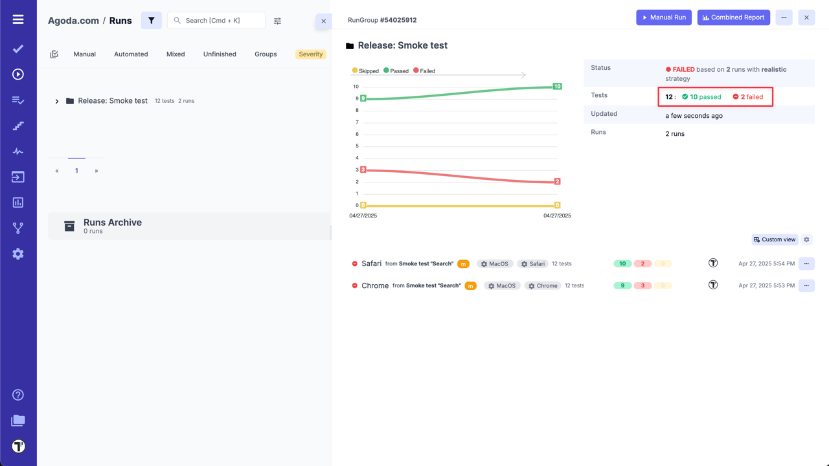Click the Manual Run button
click(x=664, y=17)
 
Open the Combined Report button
click(x=733, y=17)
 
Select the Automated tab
click(x=131, y=54)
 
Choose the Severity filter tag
click(x=311, y=54)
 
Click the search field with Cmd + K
click(x=216, y=21)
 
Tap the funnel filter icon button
click(x=152, y=21)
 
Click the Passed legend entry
click(x=396, y=71)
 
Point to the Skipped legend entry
click(x=365, y=71)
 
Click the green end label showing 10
click(x=557, y=86)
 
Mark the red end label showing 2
click(x=557, y=181)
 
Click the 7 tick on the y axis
click(x=356, y=122)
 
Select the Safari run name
click(x=371, y=263)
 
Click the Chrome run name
click(x=375, y=285)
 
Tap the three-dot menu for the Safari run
click(x=806, y=263)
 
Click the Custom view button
click(x=775, y=239)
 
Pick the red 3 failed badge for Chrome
click(x=642, y=285)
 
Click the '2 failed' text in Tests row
click(x=751, y=97)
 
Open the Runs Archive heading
click(x=113, y=223)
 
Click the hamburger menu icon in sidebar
click(x=18, y=19)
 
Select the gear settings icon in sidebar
click(x=18, y=254)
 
